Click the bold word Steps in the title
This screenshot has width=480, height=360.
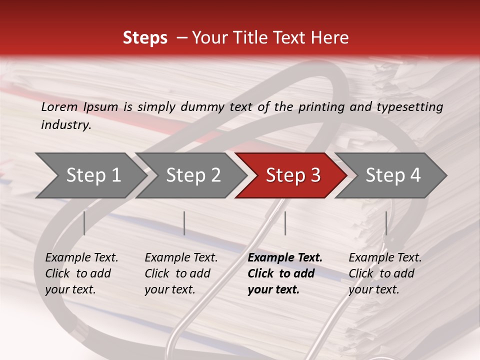[x=145, y=38]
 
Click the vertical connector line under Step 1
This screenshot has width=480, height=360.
[x=84, y=223]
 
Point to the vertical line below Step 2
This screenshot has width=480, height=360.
[x=184, y=223]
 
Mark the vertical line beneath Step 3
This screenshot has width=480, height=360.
[x=285, y=223]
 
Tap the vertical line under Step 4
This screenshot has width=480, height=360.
[x=386, y=223]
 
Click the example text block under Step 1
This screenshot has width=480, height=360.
[x=81, y=273]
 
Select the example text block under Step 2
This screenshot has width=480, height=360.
[x=181, y=273]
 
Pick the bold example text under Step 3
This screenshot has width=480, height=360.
[x=285, y=273]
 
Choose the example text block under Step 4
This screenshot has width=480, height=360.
[x=385, y=273]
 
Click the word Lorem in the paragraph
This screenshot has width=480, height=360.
[x=59, y=106]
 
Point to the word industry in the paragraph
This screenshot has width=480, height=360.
[x=66, y=125]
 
